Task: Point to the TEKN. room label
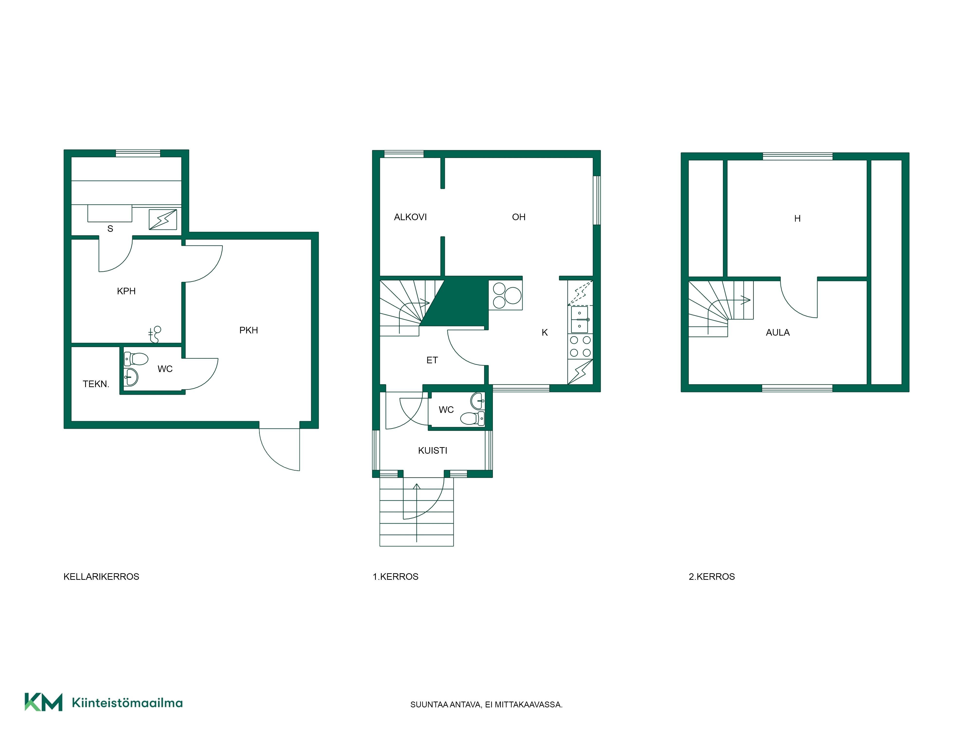click(96, 384)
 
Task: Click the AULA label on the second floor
click(778, 333)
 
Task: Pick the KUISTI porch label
click(432, 451)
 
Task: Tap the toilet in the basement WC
click(136, 359)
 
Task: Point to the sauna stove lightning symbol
click(163, 219)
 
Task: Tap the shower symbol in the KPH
click(155, 334)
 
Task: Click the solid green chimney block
click(458, 302)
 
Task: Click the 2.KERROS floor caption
click(712, 577)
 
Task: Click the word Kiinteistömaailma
click(127, 703)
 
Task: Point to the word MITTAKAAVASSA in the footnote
click(529, 704)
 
